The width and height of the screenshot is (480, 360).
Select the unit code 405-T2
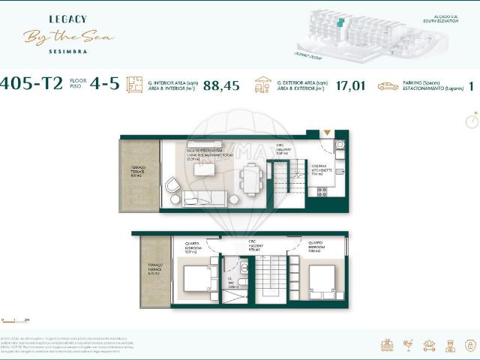point(31,84)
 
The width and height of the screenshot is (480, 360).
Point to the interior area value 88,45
point(221,85)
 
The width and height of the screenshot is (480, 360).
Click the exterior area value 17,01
point(351,85)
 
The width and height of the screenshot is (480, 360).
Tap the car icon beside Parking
point(388,86)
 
